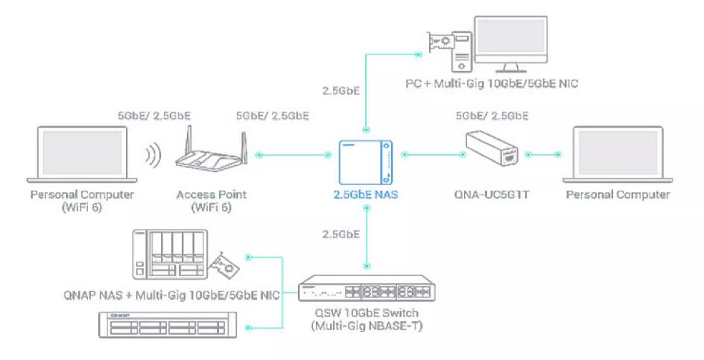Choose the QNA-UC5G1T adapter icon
[495, 154]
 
